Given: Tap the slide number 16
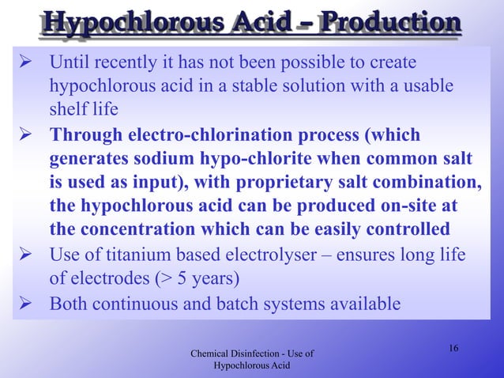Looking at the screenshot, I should pos(453,350).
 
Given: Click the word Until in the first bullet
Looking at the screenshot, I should pos(70,62).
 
